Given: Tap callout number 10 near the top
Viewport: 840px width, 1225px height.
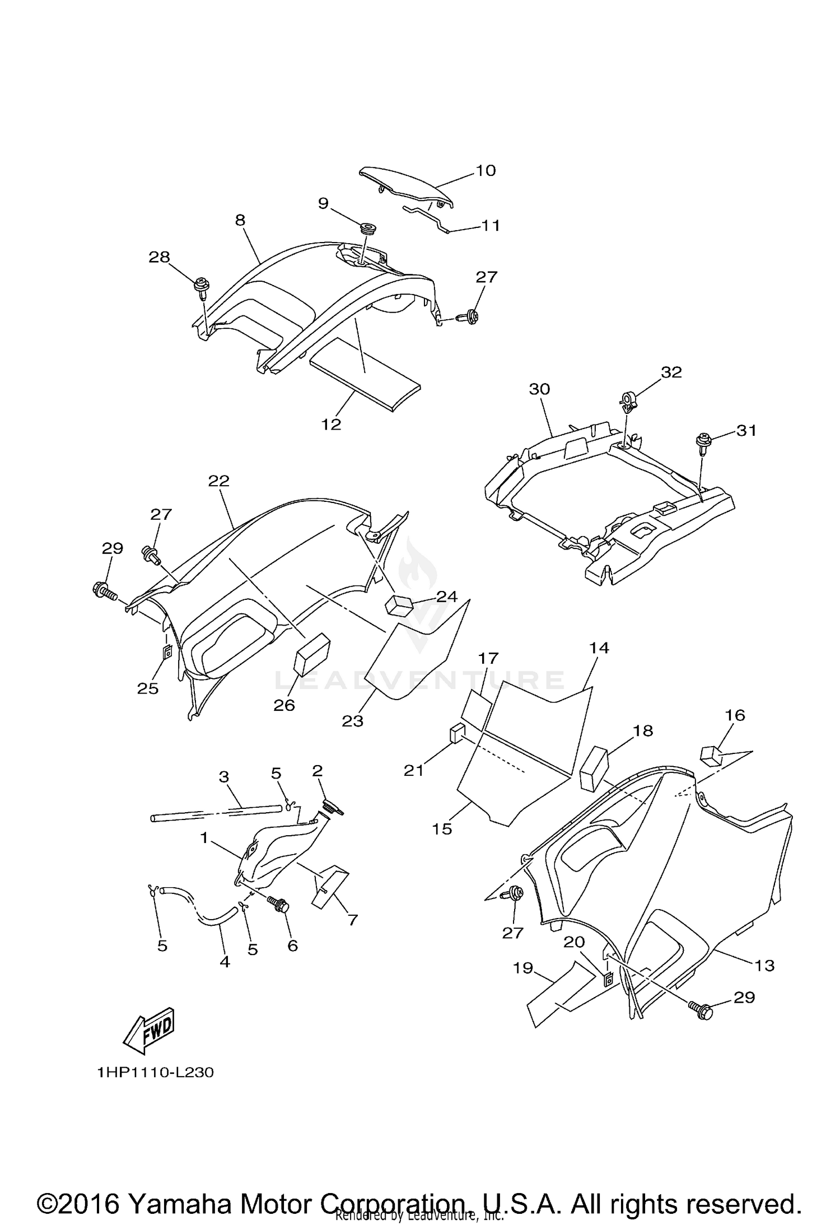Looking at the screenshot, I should (x=486, y=170).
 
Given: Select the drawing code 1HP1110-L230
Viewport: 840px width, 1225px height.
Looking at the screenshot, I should (x=155, y=1073).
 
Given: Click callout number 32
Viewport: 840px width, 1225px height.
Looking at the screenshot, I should (x=671, y=372).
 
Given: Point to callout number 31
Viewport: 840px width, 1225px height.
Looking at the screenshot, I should (x=746, y=430).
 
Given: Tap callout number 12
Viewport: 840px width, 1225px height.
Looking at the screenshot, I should (x=332, y=424).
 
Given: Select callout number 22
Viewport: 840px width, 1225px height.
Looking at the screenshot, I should (x=219, y=481).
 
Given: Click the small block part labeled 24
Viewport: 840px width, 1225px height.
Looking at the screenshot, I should (x=398, y=605).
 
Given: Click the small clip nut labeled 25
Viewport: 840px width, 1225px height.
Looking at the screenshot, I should (x=167, y=652).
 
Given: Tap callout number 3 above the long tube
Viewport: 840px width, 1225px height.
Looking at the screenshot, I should (x=223, y=777).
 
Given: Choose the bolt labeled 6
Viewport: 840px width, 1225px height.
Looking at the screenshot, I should (x=280, y=904).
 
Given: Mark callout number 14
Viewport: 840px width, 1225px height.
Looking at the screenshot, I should (x=599, y=648).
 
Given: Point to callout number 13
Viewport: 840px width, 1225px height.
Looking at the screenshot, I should (x=764, y=965).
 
